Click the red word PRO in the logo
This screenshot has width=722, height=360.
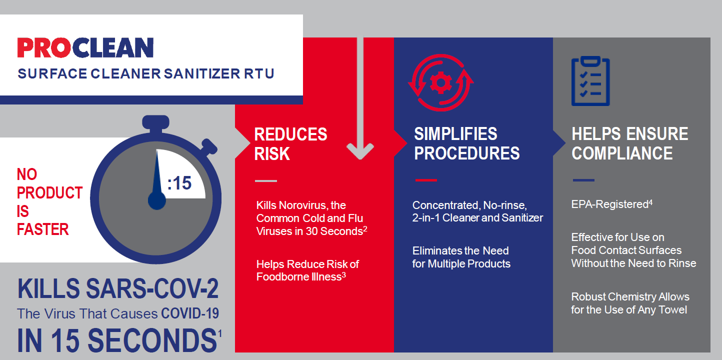pos(47,48)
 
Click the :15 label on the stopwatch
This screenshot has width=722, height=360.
pos(179,183)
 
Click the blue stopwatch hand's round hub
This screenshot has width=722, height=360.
pos(157,201)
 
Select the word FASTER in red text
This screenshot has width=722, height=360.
pos(42,229)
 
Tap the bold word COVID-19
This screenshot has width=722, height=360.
pos(190,314)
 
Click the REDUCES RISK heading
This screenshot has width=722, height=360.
pos(290,143)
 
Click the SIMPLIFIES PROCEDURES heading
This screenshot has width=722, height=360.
pos(466,143)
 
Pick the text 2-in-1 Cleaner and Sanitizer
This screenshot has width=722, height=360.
pos(477,218)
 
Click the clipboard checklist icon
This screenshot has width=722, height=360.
pos(590,81)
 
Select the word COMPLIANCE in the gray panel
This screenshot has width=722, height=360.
pos(622,153)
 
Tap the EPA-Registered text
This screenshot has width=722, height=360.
pos(609,205)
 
